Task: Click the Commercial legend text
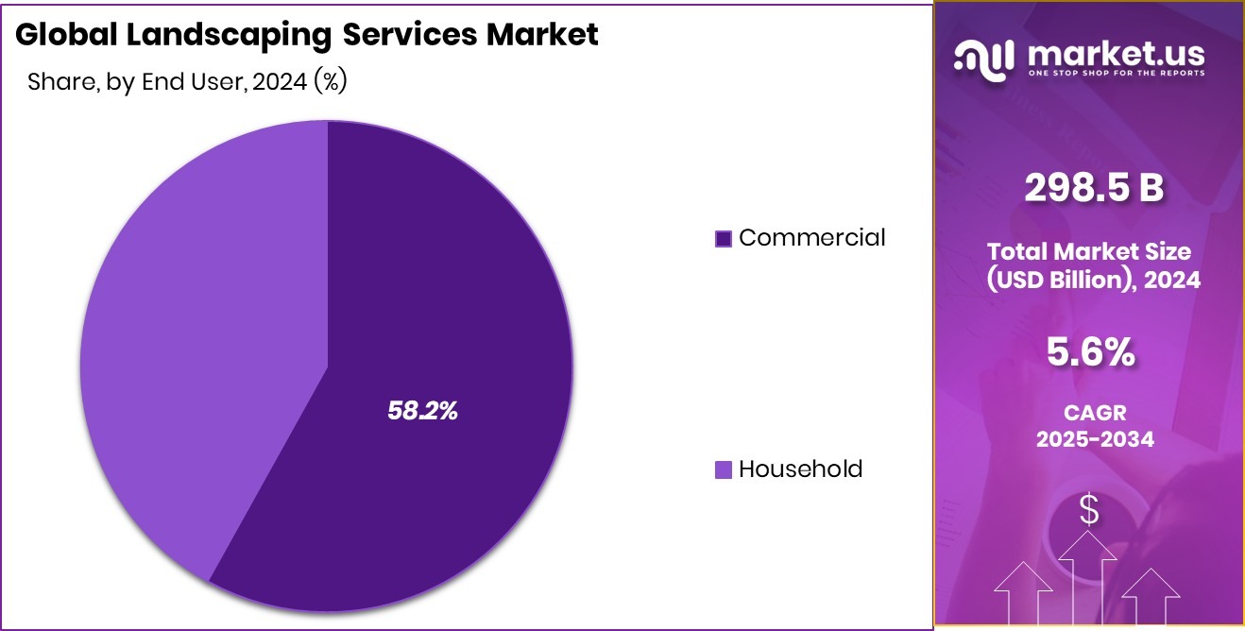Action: pos(811,238)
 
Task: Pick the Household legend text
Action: pos(800,469)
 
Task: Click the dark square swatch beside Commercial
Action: pos(724,239)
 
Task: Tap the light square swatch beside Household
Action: pos(724,469)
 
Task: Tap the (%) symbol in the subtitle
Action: pos(331,82)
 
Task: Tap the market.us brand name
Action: pos(1115,55)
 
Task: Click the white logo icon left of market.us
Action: pos(984,60)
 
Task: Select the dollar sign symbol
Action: pos(1089,510)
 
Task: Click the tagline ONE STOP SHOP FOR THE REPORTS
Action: pos(1115,74)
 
